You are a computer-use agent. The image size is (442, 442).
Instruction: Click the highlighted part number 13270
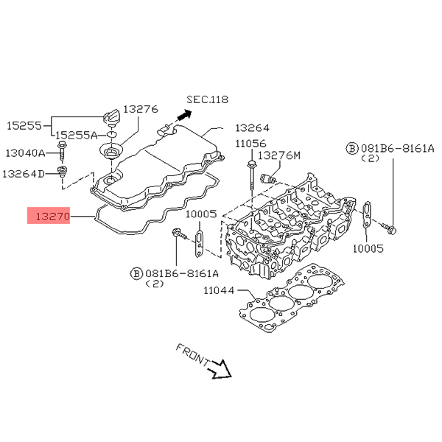(x=49, y=217)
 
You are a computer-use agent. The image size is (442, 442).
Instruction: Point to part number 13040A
(x=26, y=153)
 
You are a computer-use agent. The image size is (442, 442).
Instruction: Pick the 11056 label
(x=250, y=143)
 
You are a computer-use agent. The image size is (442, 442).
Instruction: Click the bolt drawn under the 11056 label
(x=253, y=171)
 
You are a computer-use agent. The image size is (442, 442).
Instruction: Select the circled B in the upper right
(x=352, y=149)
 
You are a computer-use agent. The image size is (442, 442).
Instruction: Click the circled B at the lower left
(x=136, y=273)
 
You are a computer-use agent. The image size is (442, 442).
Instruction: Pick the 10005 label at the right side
(x=368, y=248)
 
